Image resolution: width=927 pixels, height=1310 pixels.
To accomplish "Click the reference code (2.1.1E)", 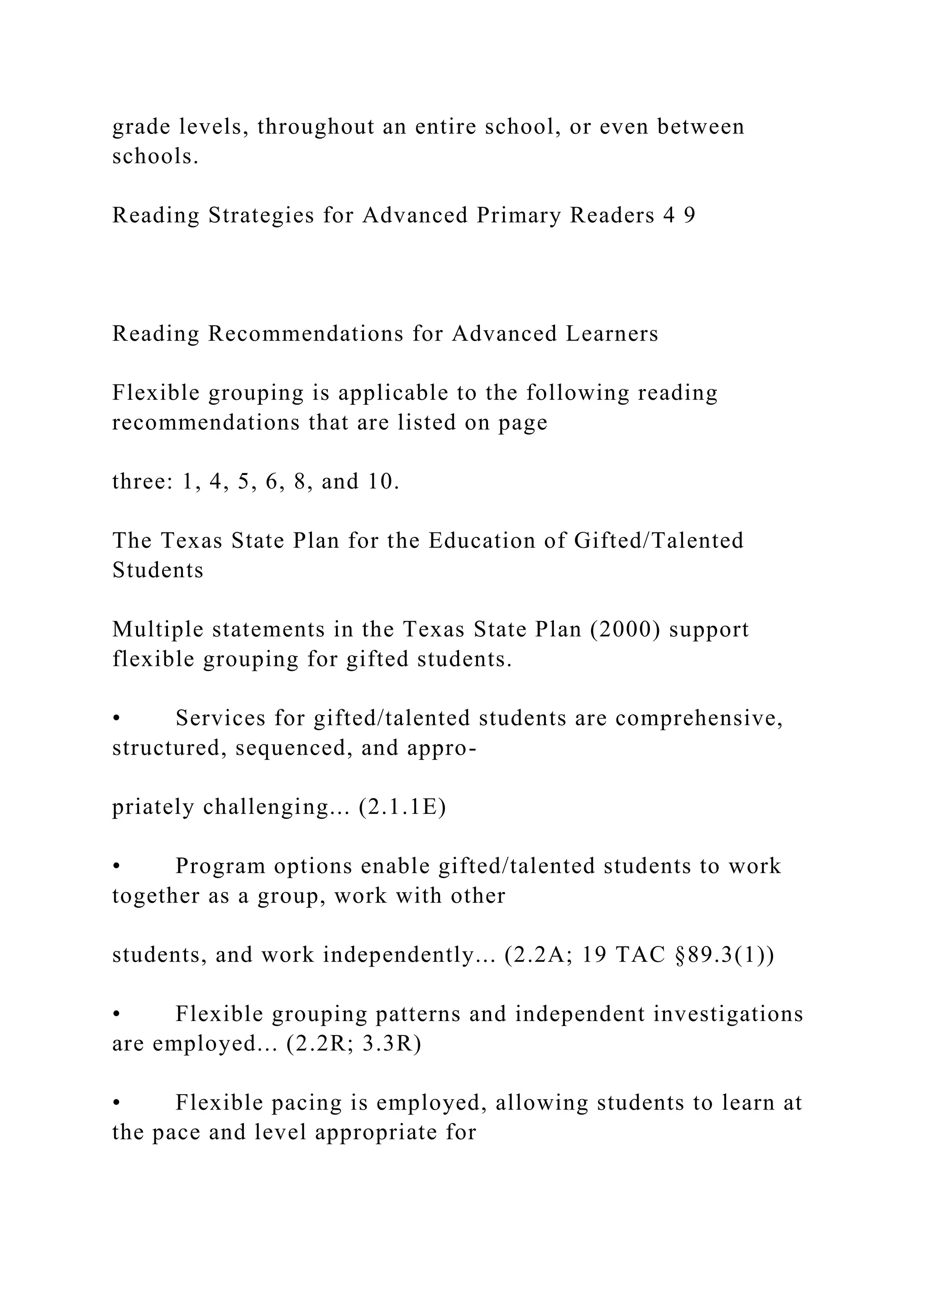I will point(402,807).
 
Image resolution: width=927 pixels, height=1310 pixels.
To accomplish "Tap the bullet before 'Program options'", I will point(116,867).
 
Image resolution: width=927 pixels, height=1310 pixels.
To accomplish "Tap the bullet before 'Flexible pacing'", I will point(116,1103).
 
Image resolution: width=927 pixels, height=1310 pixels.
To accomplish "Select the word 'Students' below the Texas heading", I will point(158,570).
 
